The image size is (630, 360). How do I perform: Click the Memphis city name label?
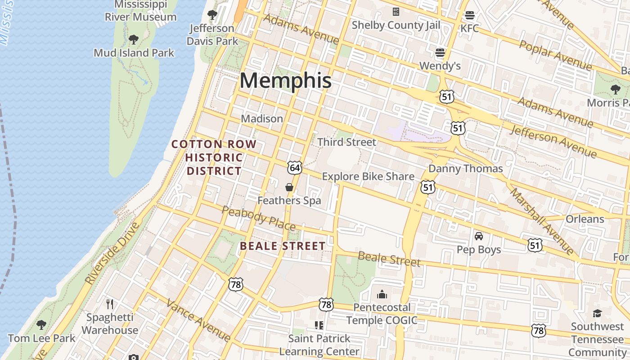[x=285, y=81]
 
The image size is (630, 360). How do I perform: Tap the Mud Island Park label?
[x=134, y=53]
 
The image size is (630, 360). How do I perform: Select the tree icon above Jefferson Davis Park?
[x=212, y=15]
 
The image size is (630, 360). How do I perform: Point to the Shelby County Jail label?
[x=396, y=25]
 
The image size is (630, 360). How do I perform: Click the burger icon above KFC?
[x=470, y=15]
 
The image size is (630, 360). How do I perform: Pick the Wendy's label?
[x=440, y=66]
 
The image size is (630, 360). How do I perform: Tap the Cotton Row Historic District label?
[x=214, y=157]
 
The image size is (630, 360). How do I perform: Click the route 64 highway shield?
[x=295, y=168]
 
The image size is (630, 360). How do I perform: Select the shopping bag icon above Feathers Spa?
[x=289, y=187]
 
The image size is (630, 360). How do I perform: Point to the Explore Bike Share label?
[x=368, y=176]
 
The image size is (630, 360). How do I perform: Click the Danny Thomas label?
[x=465, y=169]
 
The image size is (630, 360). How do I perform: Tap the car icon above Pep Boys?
[x=479, y=236]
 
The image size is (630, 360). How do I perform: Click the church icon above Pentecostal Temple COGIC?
[x=382, y=295]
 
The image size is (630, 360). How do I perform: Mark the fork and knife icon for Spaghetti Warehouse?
[x=110, y=304]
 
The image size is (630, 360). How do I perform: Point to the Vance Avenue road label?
[x=198, y=320]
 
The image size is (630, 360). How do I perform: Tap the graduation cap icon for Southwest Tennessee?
[x=597, y=313]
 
